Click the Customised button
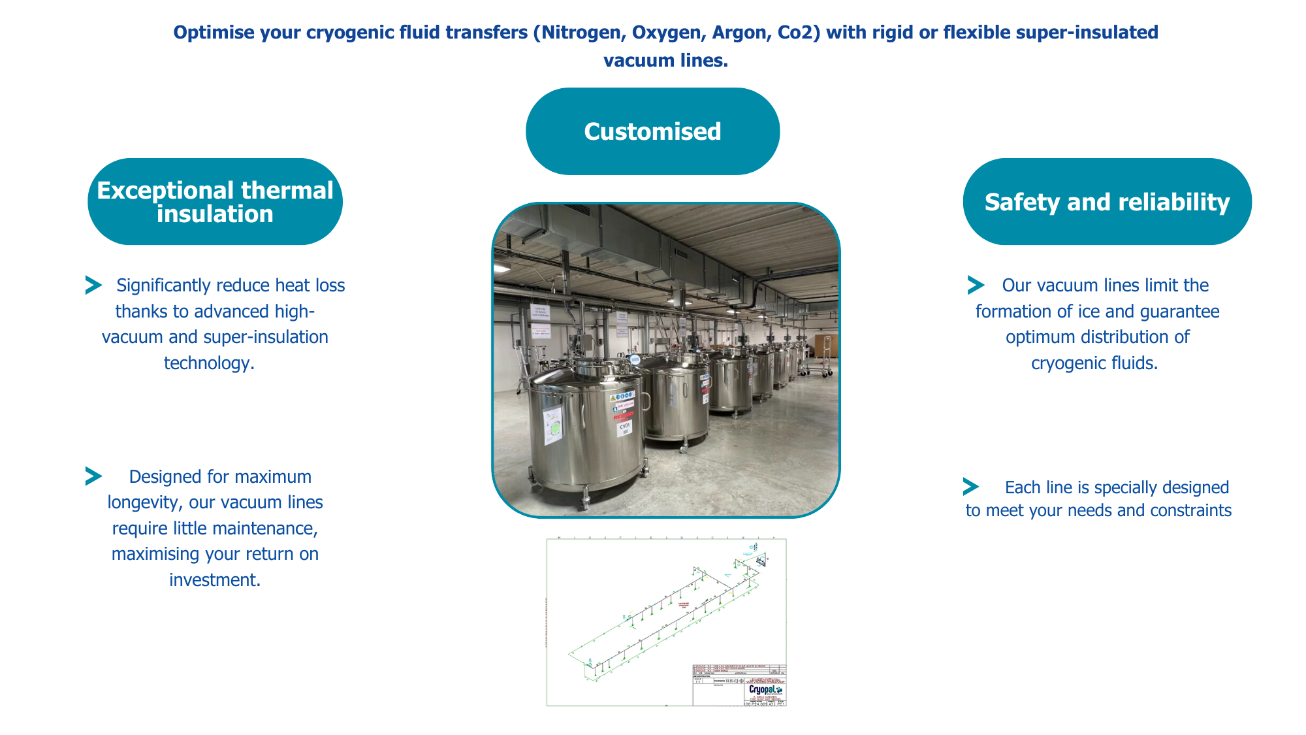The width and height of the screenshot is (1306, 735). tap(652, 131)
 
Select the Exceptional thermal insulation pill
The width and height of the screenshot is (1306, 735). tap(215, 202)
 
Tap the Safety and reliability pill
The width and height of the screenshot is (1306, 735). tap(1107, 202)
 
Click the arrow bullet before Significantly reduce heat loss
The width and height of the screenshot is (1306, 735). tap(93, 285)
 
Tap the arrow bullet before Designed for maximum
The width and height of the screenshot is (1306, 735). tap(93, 476)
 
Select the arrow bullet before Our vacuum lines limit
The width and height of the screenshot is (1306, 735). tap(976, 285)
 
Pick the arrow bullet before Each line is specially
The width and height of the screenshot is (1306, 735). tap(970, 487)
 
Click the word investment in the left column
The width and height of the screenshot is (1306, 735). tap(214, 580)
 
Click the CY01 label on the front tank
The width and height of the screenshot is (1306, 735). tap(624, 426)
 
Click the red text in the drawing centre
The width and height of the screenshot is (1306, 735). tap(684, 605)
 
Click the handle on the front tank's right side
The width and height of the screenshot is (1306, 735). tap(646, 400)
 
